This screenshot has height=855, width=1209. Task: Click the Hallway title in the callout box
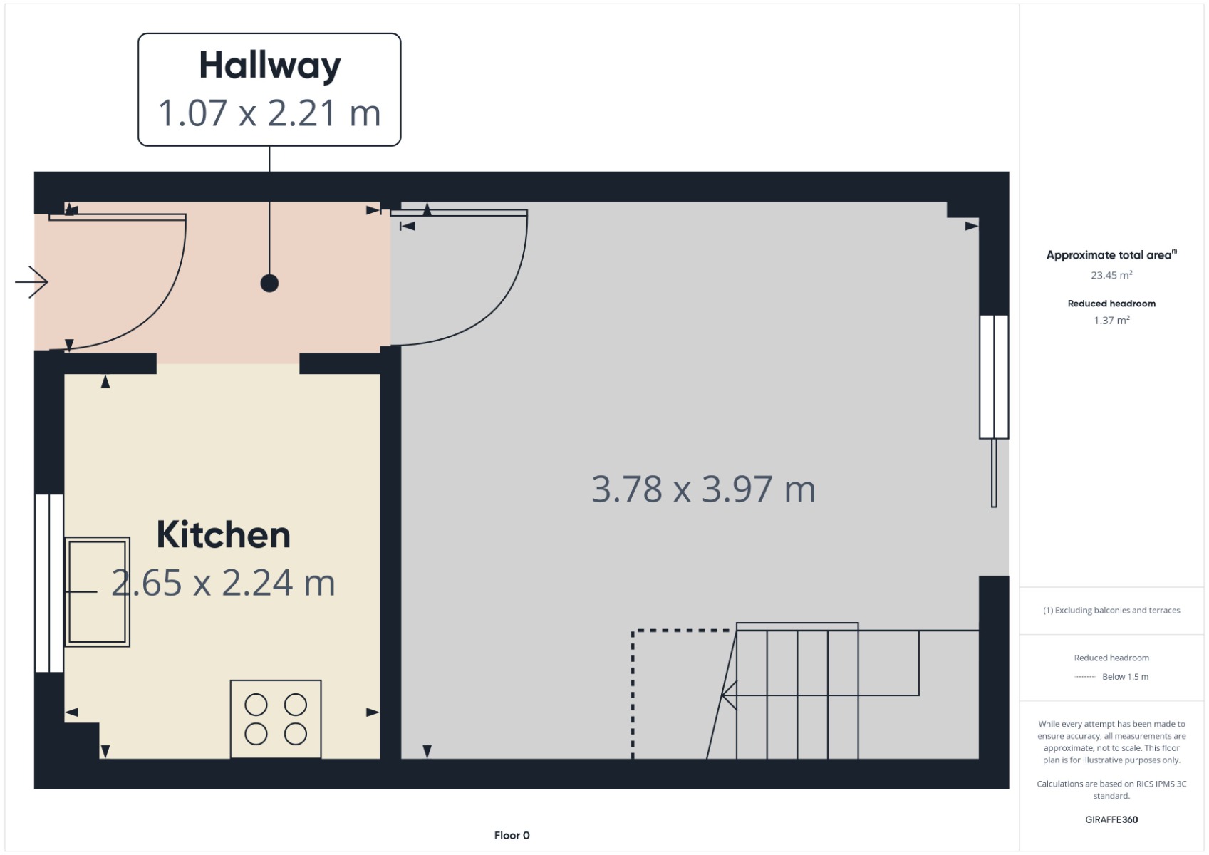coord(269,66)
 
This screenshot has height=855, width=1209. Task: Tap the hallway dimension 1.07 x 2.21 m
coord(269,113)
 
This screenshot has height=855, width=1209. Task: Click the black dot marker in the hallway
coord(269,283)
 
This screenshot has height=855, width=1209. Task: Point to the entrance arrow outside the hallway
coord(31,281)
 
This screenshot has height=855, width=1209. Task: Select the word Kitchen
coord(224,535)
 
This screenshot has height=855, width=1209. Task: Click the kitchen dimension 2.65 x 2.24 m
coord(224,583)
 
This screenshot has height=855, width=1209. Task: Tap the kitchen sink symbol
coord(98,592)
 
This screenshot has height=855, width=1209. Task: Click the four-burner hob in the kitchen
coord(276,719)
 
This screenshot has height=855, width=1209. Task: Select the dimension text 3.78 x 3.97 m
coord(703,489)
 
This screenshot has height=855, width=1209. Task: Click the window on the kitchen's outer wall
coord(49,583)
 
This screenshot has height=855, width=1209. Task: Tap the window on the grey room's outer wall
coord(994,376)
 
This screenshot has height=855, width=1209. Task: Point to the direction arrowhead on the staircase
coord(728,695)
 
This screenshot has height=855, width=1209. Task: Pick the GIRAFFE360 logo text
coord(1111,819)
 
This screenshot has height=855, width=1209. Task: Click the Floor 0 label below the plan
coord(512,835)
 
